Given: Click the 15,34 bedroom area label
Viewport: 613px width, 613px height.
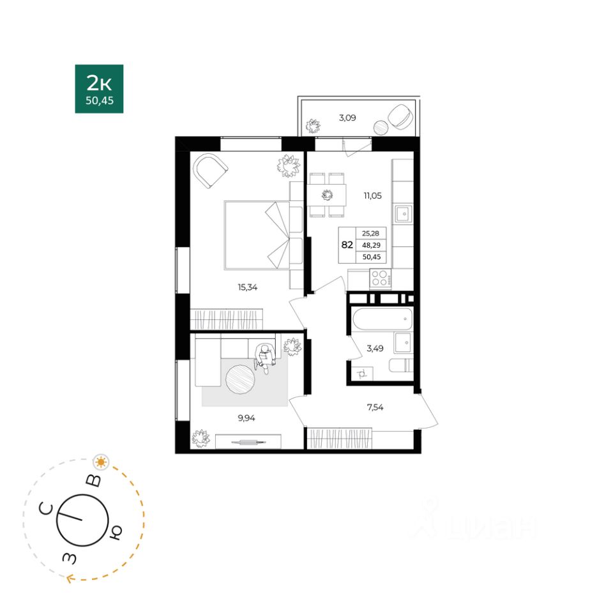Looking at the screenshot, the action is [248, 287].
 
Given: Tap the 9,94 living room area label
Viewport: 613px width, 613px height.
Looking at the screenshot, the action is [246, 418].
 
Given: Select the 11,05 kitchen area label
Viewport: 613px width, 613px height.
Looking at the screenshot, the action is [372, 195].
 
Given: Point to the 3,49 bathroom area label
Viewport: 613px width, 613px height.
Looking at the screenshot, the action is [375, 348].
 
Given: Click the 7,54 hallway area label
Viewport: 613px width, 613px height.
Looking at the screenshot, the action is [375, 407].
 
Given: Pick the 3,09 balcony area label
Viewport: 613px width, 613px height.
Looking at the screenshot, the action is [347, 117].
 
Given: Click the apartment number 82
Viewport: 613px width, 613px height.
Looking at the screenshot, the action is [347, 245].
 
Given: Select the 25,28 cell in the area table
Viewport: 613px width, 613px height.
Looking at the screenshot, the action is [370, 234].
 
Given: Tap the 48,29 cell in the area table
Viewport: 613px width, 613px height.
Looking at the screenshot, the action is [371, 245].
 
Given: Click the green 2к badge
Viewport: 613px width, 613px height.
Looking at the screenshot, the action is [100, 89].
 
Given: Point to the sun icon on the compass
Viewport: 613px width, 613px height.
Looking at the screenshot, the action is [102, 462].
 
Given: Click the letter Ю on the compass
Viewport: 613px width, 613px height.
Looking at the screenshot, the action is [116, 532].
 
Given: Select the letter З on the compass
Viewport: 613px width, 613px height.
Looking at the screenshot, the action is [70, 558].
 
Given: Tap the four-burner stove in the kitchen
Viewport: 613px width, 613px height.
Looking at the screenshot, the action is [379, 278].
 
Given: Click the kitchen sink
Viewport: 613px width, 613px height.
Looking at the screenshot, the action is [404, 214].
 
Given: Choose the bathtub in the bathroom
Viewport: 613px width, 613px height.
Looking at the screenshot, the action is [382, 319].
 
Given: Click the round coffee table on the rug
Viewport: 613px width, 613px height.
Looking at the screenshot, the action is [241, 379].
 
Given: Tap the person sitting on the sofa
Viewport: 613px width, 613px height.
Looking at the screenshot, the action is [264, 358].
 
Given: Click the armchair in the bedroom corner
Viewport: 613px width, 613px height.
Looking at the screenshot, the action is [211, 170].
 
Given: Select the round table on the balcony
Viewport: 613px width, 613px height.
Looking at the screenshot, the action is [381, 127].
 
